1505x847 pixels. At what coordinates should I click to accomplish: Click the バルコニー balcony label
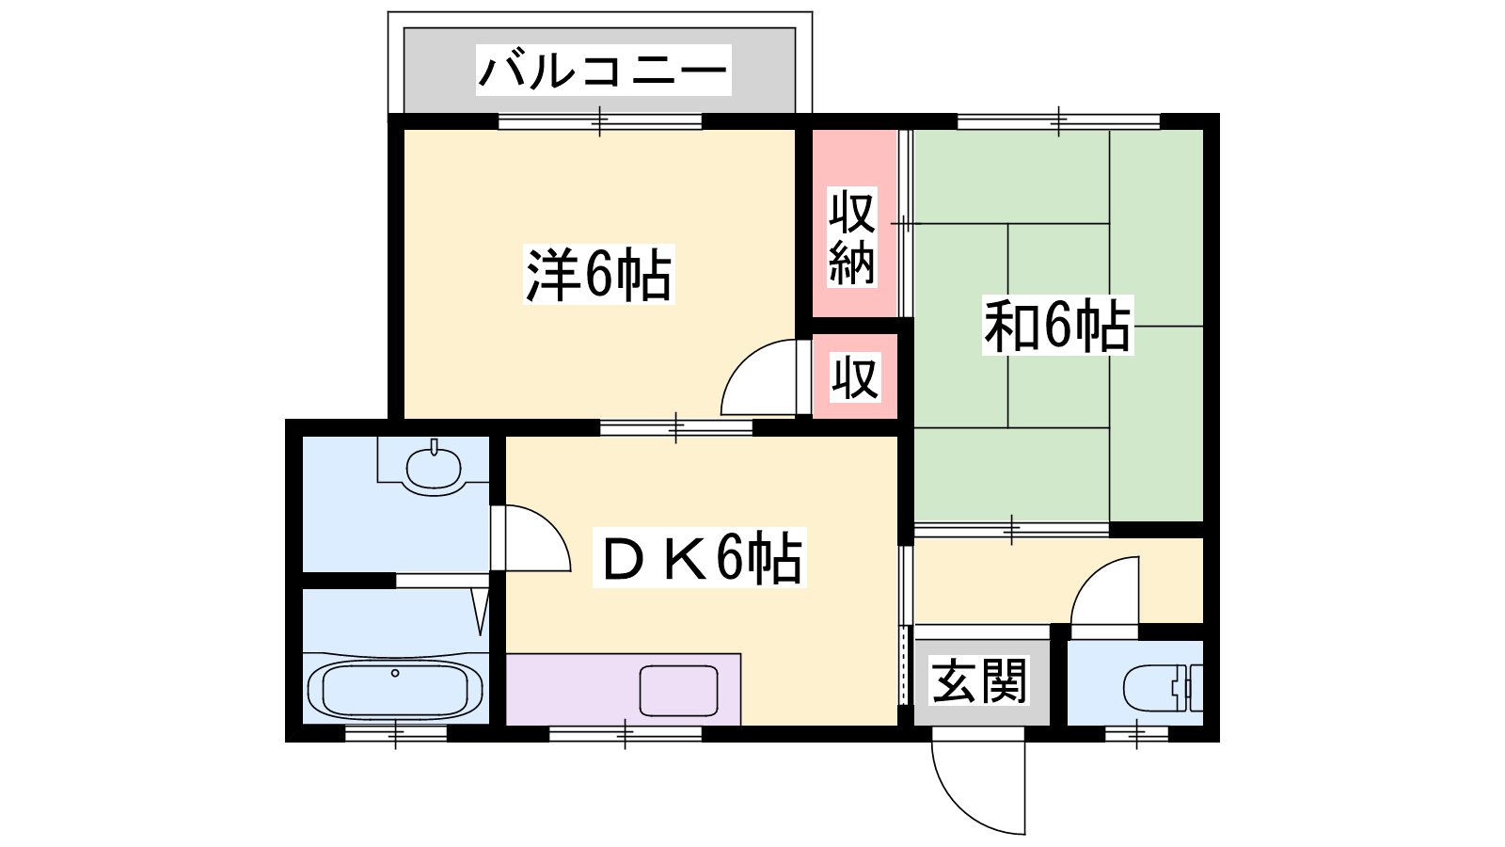pos(603,70)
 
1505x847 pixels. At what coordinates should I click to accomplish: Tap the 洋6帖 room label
pos(598,275)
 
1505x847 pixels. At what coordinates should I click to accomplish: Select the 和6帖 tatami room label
pos(1057,326)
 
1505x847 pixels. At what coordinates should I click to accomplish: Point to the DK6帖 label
pos(700,559)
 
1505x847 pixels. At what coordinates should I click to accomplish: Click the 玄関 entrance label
pos(979,681)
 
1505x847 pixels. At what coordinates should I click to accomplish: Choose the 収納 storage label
pos(852,237)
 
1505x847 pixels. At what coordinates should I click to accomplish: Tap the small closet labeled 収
pos(855,377)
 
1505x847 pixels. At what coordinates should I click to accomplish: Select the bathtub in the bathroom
pos(395,690)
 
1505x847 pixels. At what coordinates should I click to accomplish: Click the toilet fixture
pos(1163,688)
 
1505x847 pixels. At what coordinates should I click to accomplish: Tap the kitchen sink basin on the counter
pos(678,691)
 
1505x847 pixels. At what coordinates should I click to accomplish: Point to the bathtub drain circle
pos(395,673)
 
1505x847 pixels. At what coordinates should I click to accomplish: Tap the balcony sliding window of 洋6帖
pos(600,121)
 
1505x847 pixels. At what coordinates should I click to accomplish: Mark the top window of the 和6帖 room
pos(1059,121)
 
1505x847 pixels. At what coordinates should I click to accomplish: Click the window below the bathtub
pos(396,733)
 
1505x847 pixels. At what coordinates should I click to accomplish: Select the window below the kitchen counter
pos(626,733)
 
